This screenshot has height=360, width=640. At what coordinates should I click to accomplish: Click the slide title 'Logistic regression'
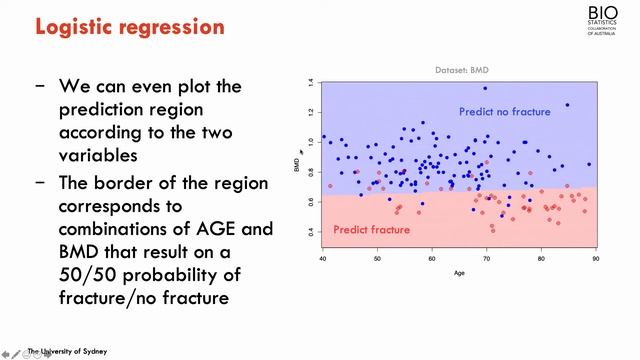click(130, 26)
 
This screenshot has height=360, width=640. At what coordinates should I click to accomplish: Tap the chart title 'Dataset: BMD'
click(460, 68)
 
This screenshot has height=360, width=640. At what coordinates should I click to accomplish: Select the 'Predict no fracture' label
click(504, 111)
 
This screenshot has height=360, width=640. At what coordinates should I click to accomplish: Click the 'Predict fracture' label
click(372, 230)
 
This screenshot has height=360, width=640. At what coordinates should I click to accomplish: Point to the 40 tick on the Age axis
click(322, 259)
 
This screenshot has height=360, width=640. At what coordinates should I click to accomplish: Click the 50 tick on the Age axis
click(377, 259)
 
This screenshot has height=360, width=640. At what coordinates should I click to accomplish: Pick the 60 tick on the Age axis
click(431, 259)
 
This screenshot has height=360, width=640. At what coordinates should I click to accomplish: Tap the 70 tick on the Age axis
click(486, 259)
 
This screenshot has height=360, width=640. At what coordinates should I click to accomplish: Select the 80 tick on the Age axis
click(541, 259)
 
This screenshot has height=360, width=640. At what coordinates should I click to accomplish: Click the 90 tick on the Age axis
click(595, 259)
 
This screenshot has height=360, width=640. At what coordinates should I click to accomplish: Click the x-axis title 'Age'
click(459, 272)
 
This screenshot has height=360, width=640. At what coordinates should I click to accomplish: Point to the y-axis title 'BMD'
click(297, 165)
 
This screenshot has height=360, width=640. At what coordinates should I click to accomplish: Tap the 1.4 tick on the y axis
click(311, 83)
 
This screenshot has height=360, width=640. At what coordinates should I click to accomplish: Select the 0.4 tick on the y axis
click(311, 232)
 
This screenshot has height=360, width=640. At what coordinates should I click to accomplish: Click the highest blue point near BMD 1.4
click(487, 88)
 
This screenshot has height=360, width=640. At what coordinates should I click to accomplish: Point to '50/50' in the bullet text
click(92, 274)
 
